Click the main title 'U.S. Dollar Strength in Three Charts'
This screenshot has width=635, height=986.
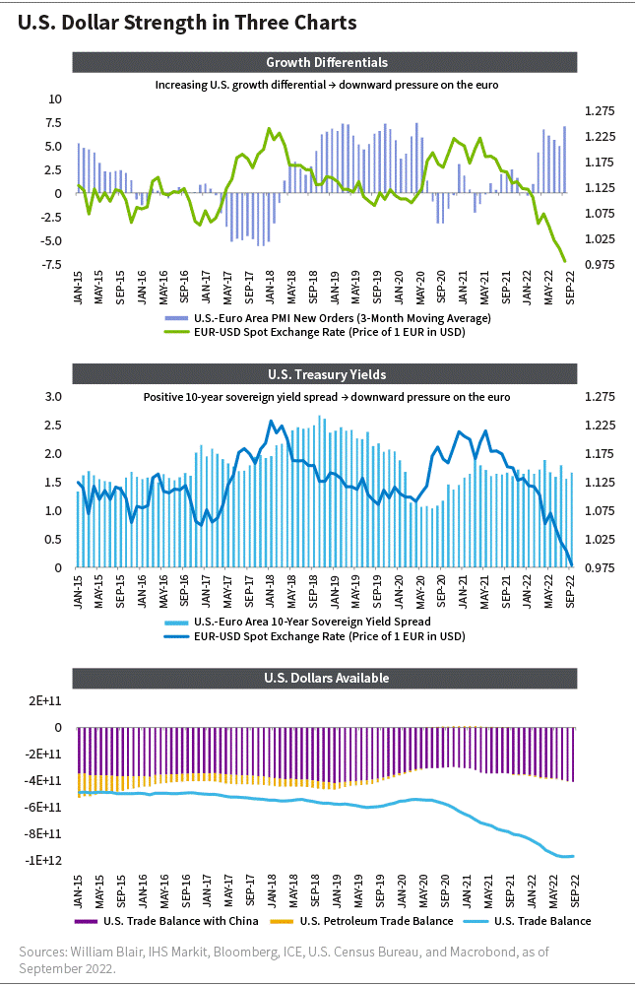tap(187, 24)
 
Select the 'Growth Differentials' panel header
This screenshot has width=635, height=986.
tap(325, 62)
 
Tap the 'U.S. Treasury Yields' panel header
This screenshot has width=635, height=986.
tap(325, 374)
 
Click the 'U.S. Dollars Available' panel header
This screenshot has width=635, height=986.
tap(325, 678)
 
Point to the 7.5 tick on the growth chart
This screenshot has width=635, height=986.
tap(54, 122)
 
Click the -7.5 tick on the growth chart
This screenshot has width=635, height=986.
tap(51, 264)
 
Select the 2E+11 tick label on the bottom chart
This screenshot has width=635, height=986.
tap(44, 700)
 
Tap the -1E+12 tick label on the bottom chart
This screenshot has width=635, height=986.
tap(43, 860)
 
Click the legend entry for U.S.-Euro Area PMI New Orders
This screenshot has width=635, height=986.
tap(328, 318)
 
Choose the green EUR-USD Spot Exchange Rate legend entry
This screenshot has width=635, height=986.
tap(315, 332)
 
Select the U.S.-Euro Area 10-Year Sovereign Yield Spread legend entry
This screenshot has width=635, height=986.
tap(298, 622)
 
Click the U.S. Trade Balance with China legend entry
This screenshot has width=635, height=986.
tap(166, 921)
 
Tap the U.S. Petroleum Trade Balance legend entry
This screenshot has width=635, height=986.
tap(361, 921)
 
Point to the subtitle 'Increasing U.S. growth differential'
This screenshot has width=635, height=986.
tap(240, 85)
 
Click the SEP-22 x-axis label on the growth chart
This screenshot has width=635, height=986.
tap(570, 288)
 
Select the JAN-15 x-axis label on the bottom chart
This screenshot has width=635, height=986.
tap(78, 890)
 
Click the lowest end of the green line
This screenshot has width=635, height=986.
tap(565, 262)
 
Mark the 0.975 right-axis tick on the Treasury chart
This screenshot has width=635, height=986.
tap(600, 567)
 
